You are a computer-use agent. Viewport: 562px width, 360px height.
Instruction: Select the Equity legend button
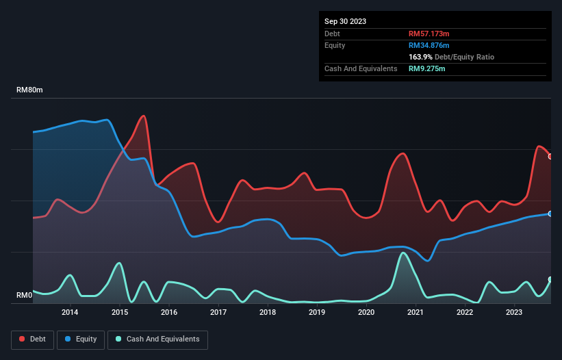click(81, 339)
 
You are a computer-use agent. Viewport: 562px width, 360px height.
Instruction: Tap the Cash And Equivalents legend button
click(157, 339)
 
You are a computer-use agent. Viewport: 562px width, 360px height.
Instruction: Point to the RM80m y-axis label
click(29, 90)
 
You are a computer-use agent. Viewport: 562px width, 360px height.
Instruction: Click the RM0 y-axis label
click(25, 296)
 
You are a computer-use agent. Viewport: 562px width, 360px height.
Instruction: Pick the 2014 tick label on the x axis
click(70, 313)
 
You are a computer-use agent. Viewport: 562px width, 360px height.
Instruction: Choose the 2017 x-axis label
click(218, 313)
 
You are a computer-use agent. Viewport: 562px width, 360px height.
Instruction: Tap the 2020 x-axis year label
click(366, 313)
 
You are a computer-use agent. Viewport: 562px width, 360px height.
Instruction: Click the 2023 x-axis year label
click(514, 313)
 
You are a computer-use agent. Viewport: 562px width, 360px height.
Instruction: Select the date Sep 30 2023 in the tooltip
click(345, 21)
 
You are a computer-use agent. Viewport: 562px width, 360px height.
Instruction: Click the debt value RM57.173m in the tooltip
click(429, 34)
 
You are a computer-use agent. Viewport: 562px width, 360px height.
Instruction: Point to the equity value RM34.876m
click(429, 45)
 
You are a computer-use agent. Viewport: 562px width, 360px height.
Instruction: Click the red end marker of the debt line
click(550, 156)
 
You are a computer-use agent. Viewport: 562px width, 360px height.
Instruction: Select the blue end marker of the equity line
click(550, 214)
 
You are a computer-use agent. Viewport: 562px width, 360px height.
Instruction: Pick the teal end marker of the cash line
click(550, 280)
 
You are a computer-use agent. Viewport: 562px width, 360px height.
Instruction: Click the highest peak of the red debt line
click(143, 116)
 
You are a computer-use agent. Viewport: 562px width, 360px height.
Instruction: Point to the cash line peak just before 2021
click(403, 253)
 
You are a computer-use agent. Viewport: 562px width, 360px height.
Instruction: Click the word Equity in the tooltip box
click(335, 45)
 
